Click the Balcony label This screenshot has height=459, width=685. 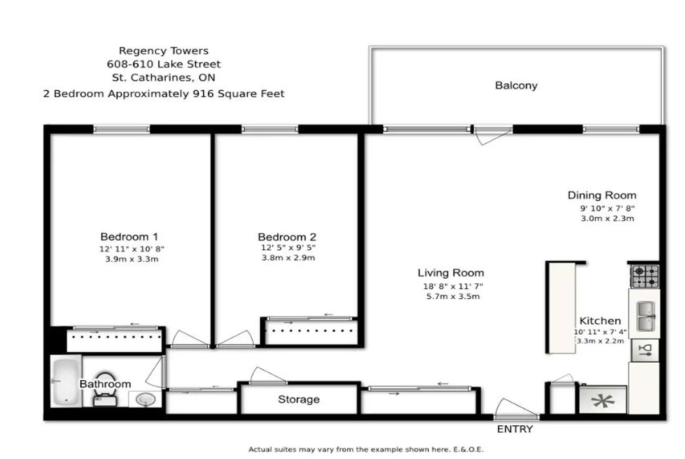point(516,86)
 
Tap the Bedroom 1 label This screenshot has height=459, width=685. point(129,237)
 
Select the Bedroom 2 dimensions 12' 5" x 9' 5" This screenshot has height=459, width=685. point(288,247)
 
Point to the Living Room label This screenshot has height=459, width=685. point(451,273)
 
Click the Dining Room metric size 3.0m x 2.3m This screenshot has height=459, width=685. point(607,218)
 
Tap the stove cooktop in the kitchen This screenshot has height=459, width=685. point(645,277)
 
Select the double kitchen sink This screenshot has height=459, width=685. point(646,316)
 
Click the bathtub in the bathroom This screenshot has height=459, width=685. point(66,381)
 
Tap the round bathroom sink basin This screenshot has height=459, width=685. point(146,399)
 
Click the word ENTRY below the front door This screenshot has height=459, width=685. point(515,429)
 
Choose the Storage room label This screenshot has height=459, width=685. point(299,400)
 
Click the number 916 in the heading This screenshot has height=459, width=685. point(203,94)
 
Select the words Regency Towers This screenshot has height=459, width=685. point(164,51)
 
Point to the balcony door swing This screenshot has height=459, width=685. point(493,136)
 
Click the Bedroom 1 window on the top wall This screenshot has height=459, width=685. point(122,129)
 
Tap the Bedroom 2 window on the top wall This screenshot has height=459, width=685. point(269,129)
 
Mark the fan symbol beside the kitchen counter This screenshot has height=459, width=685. point(603,401)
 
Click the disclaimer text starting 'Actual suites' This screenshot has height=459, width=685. point(366,449)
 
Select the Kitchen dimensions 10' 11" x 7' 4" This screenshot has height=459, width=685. point(601,332)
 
